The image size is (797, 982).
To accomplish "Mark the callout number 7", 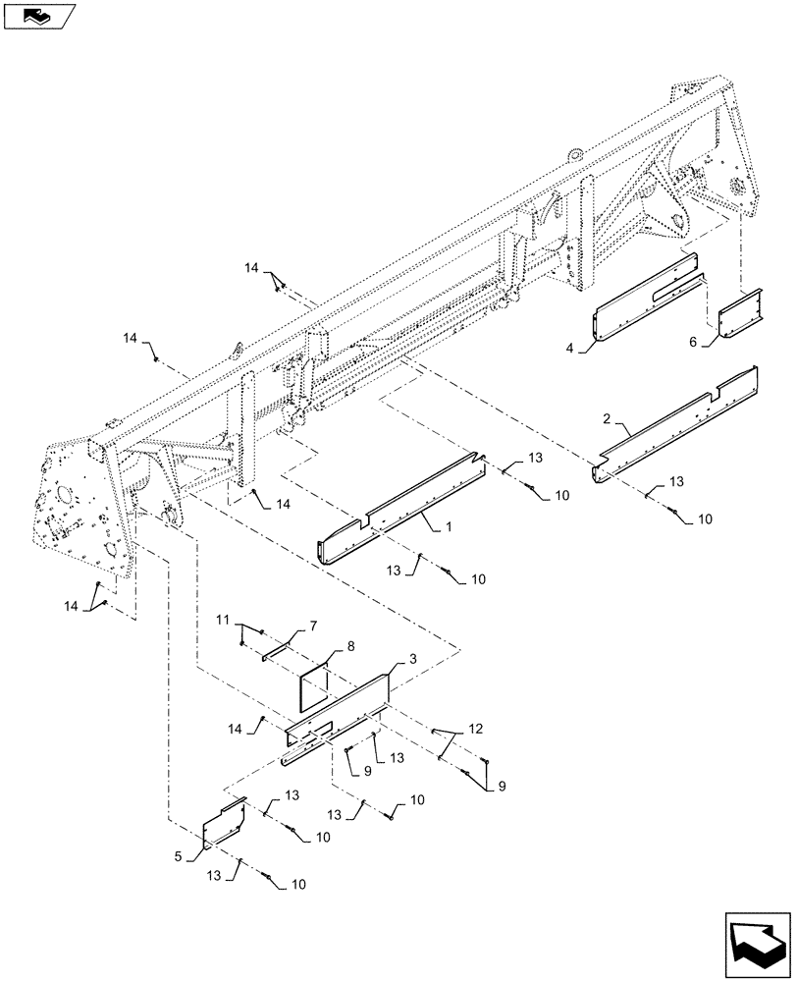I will [313, 625].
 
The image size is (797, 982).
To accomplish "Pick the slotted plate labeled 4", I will [648, 300].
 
